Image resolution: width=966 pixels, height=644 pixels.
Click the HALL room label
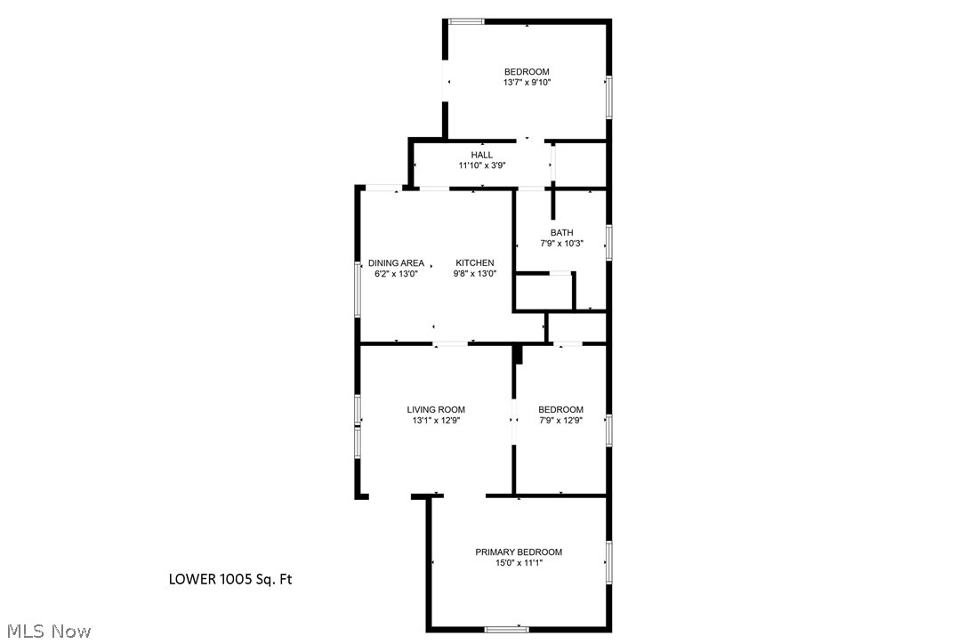(x=481, y=155)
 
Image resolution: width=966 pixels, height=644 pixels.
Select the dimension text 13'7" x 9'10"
(x=527, y=83)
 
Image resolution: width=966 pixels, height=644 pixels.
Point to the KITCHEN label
(x=474, y=262)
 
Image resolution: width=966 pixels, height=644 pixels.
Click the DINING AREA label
(x=396, y=262)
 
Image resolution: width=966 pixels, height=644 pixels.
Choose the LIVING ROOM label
(x=436, y=410)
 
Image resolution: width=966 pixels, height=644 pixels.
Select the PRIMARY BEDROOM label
(x=518, y=551)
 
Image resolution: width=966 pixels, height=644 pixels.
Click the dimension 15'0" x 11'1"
(x=518, y=563)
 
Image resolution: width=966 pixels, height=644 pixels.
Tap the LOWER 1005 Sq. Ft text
(x=230, y=580)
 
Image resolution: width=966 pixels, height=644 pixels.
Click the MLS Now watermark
(x=45, y=632)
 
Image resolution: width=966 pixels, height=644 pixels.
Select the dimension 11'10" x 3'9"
(x=481, y=165)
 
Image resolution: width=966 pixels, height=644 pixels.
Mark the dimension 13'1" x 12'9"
(x=436, y=421)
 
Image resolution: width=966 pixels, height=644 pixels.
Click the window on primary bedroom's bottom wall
(x=507, y=629)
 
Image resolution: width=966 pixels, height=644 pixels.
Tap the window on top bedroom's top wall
(x=465, y=21)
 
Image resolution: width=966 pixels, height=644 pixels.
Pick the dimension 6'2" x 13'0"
(x=396, y=274)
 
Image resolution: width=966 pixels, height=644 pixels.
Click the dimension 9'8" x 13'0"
(x=474, y=274)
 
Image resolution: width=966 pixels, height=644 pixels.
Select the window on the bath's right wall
(x=608, y=242)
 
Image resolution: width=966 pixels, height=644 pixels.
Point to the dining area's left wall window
(x=358, y=289)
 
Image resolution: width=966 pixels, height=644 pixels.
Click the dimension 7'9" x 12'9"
(x=560, y=421)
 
